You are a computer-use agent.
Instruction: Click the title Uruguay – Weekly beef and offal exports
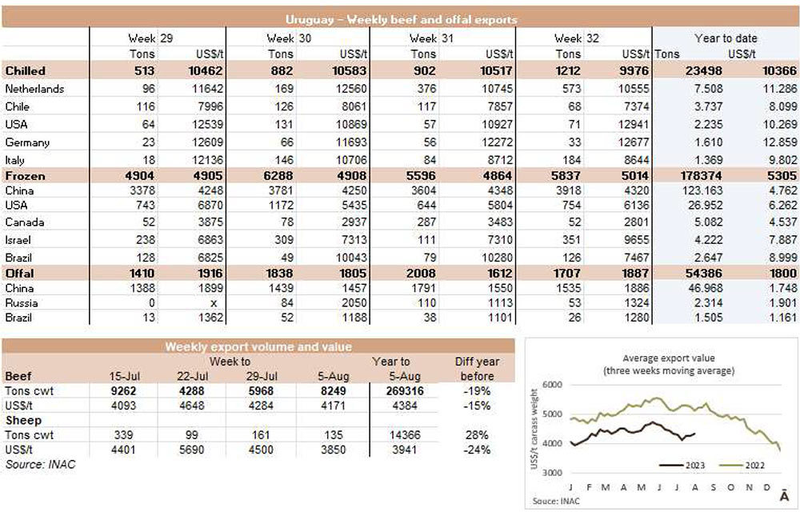pos(400,19)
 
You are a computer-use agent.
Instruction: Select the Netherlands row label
pos(34,89)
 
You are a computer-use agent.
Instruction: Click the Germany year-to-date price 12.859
pos(776,142)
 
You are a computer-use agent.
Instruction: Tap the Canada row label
pos(25,221)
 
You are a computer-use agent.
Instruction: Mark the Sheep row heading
pos(23,420)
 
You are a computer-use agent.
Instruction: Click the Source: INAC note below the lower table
pos(40,464)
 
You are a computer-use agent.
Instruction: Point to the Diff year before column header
pos(475,368)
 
